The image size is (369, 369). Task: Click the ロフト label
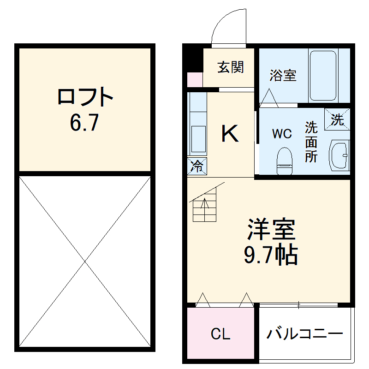tap(85, 97)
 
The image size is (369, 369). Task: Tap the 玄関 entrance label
tap(230, 68)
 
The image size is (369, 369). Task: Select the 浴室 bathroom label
tap(283, 75)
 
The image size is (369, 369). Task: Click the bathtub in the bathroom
tap(323, 76)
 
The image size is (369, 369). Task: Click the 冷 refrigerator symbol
tap(197, 166)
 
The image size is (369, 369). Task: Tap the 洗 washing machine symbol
tap(337, 120)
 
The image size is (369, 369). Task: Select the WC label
tap(281, 134)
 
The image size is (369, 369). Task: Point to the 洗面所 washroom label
tap(311, 142)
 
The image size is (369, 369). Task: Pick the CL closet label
tap(220, 334)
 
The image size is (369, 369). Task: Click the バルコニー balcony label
tap(304, 333)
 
